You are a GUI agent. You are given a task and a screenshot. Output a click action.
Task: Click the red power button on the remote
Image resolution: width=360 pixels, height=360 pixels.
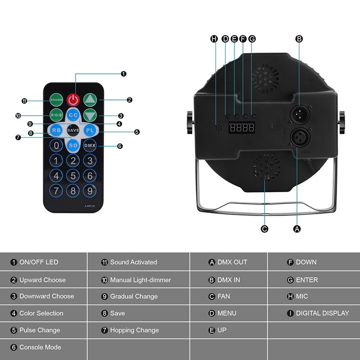73,99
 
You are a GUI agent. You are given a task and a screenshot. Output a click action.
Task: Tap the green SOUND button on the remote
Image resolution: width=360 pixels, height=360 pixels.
56,99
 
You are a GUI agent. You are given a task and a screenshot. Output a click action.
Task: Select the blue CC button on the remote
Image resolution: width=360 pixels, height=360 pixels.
73,115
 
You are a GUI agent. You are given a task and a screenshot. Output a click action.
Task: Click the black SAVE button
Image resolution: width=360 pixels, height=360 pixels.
73,130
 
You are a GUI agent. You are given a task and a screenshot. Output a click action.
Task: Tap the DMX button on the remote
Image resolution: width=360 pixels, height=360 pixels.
90,145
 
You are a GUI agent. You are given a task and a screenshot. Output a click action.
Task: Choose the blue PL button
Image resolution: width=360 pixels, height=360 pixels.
90,130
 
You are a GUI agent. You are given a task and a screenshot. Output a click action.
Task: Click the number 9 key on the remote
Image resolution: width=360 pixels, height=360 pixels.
90,190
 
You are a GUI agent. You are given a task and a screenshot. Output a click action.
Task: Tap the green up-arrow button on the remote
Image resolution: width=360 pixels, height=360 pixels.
90,99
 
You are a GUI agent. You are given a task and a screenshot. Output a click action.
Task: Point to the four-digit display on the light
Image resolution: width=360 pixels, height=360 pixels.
241,128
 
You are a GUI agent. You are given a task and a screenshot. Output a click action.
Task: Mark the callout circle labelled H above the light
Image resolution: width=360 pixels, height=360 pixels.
214,39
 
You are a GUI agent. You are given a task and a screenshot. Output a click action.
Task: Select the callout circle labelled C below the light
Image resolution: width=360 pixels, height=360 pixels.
265,229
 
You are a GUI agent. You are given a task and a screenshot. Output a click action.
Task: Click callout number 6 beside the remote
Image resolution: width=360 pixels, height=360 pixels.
120,146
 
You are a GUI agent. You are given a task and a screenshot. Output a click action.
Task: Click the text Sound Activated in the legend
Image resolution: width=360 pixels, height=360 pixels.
133,262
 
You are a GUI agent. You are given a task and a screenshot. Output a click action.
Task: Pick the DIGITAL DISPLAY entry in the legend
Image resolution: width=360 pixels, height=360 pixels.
322,313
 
